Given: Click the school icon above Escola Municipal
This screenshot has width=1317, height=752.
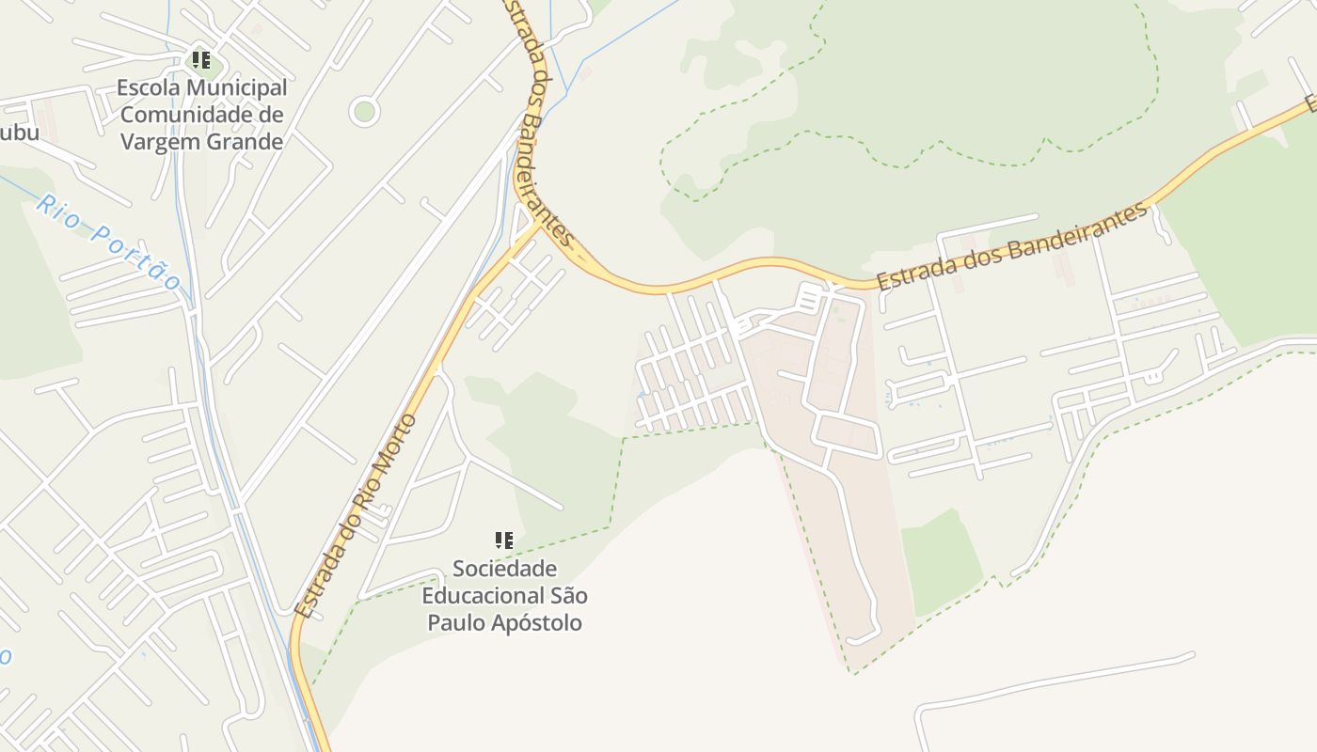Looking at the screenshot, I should tap(200, 61).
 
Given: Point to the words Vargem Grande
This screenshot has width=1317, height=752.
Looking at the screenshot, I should tap(202, 142).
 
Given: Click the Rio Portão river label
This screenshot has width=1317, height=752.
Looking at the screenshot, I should tap(109, 242).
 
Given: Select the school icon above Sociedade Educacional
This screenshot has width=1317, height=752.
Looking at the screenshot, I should tap(504, 540).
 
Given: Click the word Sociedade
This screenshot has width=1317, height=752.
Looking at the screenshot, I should tap(504, 569).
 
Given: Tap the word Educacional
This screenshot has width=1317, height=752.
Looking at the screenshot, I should tap(480, 596).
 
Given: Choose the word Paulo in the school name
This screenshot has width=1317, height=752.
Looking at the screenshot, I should tap(453, 622).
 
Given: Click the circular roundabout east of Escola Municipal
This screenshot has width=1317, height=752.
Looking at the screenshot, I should tap(364, 112).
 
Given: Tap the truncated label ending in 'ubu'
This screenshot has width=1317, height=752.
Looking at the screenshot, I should tap(19, 133).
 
